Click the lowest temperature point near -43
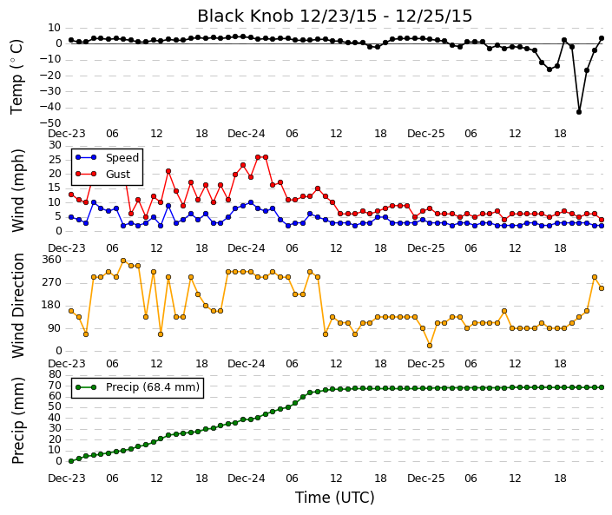(579, 112)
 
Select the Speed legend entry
(107, 158)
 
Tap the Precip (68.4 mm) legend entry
(137, 387)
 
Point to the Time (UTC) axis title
(334, 498)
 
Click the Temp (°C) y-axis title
(17, 77)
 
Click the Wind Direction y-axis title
(18, 306)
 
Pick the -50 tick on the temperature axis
(50, 123)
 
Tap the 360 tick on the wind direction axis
(53, 260)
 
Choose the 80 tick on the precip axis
(56, 374)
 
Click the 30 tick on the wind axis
(56, 145)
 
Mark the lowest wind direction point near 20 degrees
(430, 346)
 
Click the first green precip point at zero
(71, 461)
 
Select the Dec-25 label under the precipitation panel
(426, 479)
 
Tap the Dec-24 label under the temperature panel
(247, 134)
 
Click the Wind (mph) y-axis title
(18, 190)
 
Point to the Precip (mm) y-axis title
(18, 420)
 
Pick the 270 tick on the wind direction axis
(53, 282)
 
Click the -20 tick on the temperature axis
(50, 76)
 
